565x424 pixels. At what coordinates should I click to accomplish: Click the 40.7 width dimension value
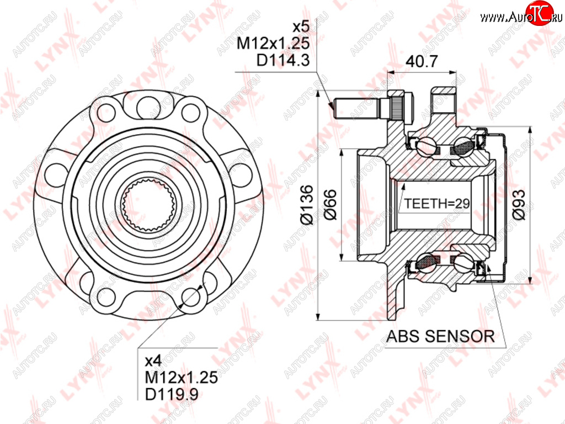[x=422, y=61]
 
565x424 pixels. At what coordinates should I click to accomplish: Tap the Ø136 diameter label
[x=307, y=205]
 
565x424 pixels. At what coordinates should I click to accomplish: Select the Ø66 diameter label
[x=330, y=204]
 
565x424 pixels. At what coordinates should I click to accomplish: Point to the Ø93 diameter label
[x=519, y=204]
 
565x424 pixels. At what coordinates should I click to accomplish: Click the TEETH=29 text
[x=437, y=204]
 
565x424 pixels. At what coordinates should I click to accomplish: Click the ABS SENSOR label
[x=440, y=336]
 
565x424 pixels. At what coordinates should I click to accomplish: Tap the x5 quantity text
[x=301, y=26]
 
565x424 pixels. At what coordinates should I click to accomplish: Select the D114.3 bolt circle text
[x=283, y=60]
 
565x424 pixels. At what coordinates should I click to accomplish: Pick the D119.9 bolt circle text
[x=172, y=394]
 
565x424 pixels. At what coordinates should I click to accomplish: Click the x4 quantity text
[x=153, y=361]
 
